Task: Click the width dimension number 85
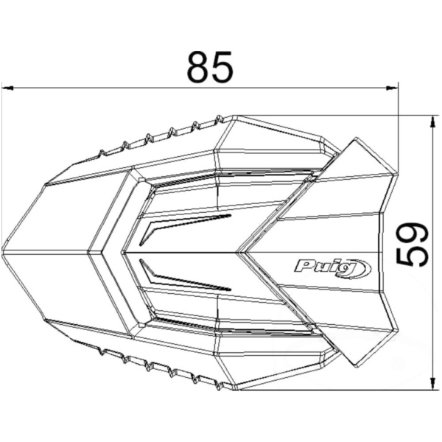pyautogui.click(x=209, y=68)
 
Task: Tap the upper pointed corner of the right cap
pyautogui.click(x=355, y=139)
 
